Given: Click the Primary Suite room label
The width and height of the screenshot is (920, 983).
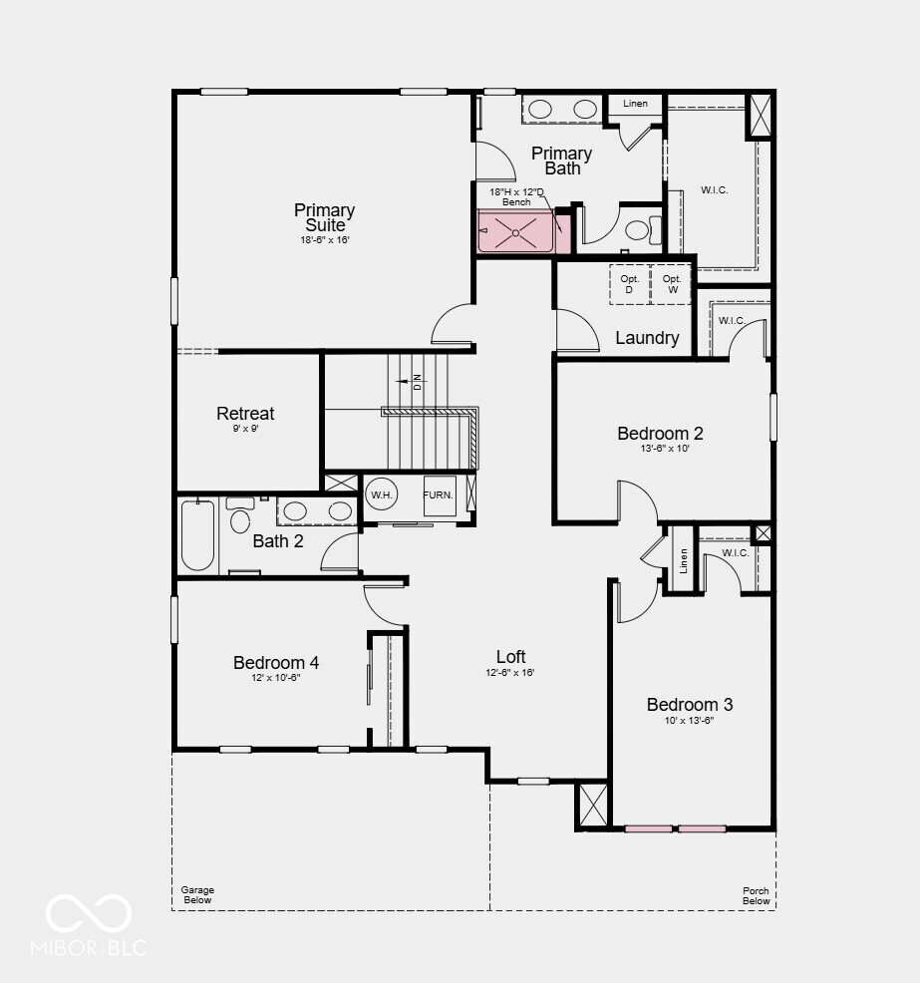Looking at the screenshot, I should tap(324, 217).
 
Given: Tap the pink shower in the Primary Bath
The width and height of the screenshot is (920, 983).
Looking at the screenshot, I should tap(515, 231).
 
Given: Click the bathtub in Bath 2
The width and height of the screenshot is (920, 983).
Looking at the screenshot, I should tap(197, 535).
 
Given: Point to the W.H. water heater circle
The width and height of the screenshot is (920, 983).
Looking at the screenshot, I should tap(382, 494).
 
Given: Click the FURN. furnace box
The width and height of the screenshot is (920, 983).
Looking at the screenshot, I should tap(439, 494).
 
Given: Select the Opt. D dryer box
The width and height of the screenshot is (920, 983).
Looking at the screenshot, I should tap(629, 283).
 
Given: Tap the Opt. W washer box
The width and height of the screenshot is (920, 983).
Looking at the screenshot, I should tap(671, 283).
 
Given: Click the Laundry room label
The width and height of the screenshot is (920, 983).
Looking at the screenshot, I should tap(647, 338).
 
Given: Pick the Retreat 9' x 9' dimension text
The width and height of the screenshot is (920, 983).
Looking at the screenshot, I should tap(245, 429).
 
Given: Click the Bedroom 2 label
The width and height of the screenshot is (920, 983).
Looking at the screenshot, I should tap(660, 433).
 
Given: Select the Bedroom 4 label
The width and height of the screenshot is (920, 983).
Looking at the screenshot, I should tap(276, 662).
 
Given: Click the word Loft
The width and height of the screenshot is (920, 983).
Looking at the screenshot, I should tap(511, 656).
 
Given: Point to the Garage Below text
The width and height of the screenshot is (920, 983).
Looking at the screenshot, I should tap(197, 895).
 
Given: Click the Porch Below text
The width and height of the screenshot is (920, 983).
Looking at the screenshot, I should tap(756, 895).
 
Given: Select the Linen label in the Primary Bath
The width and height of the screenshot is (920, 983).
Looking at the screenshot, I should tap(635, 104).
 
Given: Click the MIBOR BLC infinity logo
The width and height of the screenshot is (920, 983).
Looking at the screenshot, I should tap(89, 913).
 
